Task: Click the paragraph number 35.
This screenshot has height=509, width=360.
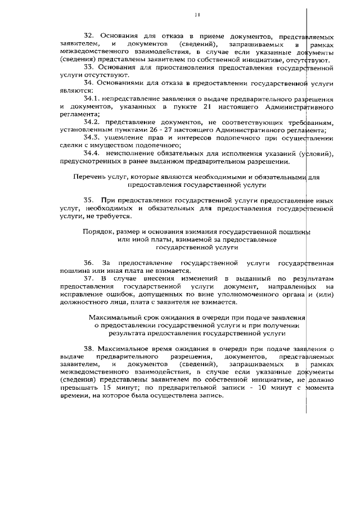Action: click(x=88, y=200)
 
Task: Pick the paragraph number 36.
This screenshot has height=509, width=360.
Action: click(x=88, y=263)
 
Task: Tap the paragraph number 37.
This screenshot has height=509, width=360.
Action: click(x=88, y=278)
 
